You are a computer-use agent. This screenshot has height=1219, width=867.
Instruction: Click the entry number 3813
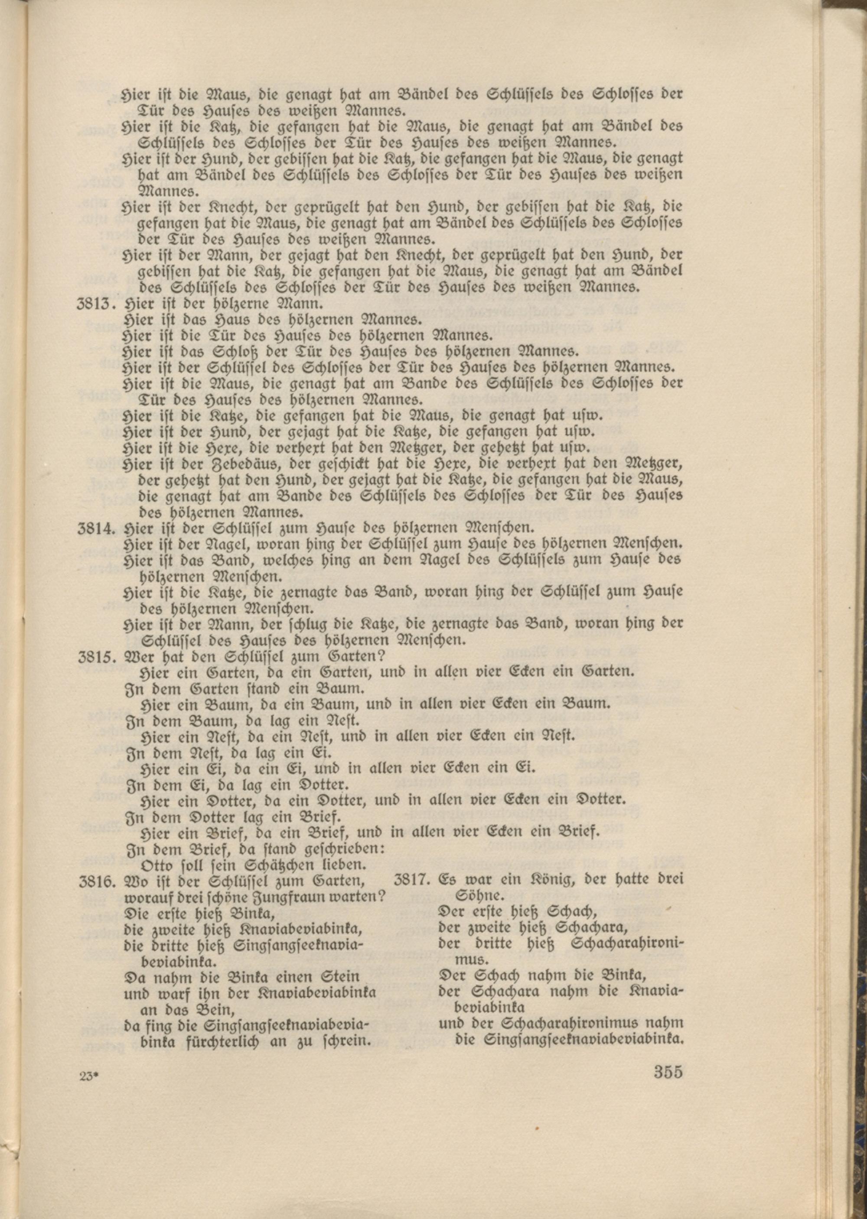[97, 306]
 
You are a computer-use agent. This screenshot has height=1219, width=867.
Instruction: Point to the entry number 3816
[97, 881]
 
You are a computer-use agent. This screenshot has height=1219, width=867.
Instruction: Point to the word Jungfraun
[303, 897]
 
